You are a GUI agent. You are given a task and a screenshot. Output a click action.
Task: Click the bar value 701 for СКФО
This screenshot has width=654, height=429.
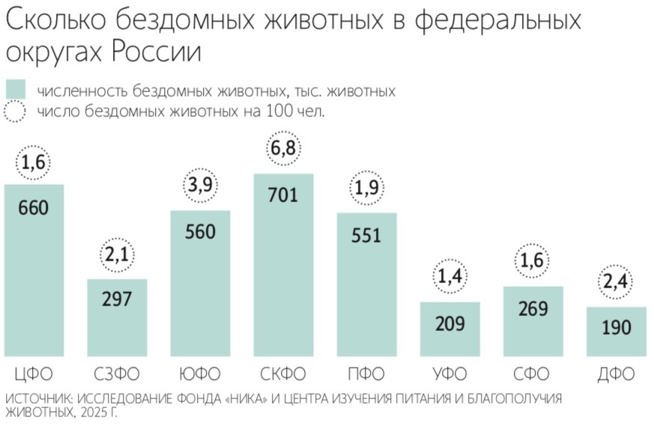[x=283, y=196]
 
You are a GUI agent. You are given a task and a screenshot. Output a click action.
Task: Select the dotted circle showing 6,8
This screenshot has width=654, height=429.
[x=283, y=149]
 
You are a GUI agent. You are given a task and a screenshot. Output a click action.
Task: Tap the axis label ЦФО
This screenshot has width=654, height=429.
[x=34, y=374]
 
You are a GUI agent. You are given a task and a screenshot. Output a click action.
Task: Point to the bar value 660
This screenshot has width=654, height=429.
[x=34, y=207]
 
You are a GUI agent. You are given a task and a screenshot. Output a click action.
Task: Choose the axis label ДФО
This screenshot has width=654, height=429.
[x=616, y=374]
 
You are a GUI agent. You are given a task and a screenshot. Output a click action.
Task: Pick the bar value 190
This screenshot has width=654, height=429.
[x=616, y=327]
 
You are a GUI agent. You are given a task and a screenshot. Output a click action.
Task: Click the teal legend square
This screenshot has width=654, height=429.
[x=15, y=90]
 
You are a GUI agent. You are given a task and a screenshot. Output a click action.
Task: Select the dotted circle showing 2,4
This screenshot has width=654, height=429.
[x=616, y=283]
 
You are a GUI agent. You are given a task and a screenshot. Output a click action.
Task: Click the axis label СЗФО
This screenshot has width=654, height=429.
[x=117, y=374]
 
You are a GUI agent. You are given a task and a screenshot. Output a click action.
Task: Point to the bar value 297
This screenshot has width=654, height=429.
[x=117, y=299]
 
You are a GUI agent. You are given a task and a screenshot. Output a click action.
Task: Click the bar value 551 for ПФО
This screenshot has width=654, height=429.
[x=366, y=235]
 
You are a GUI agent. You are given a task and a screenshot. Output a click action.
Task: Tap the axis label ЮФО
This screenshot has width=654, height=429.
[x=200, y=374]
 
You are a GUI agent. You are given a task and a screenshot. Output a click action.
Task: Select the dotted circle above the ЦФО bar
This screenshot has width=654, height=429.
[x=34, y=162]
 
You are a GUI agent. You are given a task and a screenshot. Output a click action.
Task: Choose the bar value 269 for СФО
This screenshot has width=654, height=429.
[x=533, y=308]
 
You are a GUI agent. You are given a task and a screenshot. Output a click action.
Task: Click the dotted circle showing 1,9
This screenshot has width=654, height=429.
[x=366, y=189]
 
